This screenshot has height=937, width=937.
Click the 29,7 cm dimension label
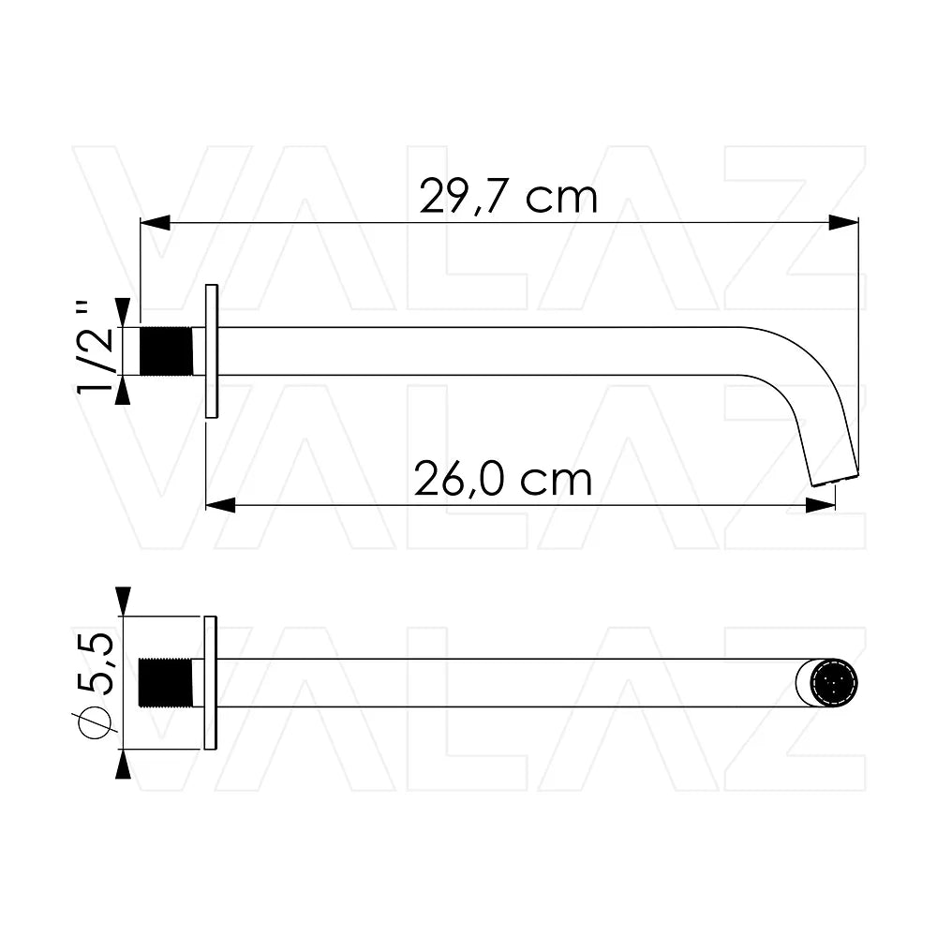point(509,196)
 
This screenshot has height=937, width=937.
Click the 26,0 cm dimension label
point(503,479)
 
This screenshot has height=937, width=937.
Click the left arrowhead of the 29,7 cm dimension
point(155,223)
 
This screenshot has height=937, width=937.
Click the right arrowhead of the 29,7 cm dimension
point(844,223)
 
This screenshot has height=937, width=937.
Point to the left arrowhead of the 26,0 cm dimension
point(220,506)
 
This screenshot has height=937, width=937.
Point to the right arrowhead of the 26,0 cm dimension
point(821,506)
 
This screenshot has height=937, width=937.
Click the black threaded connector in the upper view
point(166,351)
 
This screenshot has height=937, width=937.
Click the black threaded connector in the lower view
point(166,682)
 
